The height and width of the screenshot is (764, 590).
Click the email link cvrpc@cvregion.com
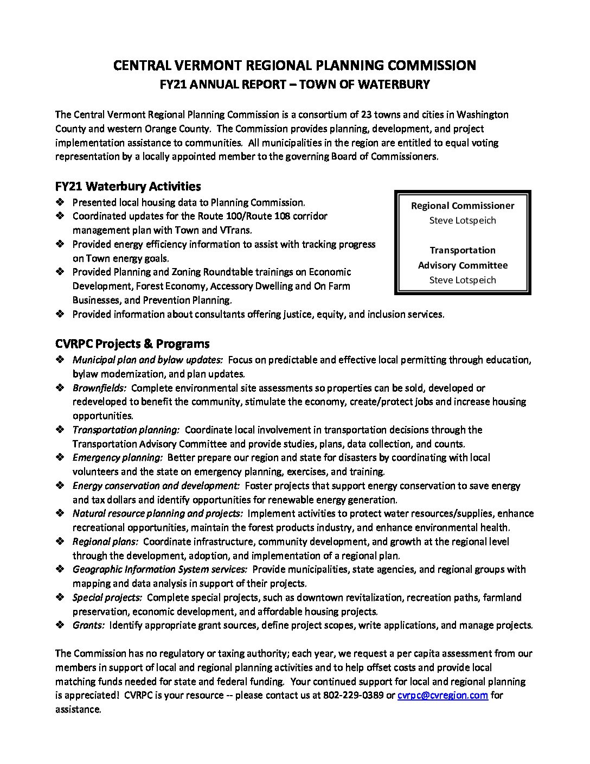pos(442,695)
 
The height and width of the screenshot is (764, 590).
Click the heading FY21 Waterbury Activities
pos(128,186)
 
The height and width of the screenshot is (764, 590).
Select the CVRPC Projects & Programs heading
pos(132,343)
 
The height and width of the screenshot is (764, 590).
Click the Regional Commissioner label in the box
pos(463,206)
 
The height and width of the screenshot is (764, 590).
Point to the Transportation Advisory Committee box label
pos(463,258)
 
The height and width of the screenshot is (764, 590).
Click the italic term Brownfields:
pos(100,388)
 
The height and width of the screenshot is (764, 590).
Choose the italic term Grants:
pos(88,625)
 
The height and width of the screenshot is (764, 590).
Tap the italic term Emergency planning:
pos(118,457)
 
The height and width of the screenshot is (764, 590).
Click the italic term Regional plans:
pos(106,542)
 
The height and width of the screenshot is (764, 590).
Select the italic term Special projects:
pos(107,597)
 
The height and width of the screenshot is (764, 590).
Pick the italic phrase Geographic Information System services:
pos(160,569)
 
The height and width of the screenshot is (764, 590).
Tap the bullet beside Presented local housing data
pos(60,202)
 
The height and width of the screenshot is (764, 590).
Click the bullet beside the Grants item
pos(60,625)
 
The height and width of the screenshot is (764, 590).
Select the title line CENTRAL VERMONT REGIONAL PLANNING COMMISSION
pos(294,66)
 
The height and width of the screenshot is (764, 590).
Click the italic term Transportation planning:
pos(126,430)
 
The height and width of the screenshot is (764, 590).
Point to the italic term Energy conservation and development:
pos(156,486)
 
